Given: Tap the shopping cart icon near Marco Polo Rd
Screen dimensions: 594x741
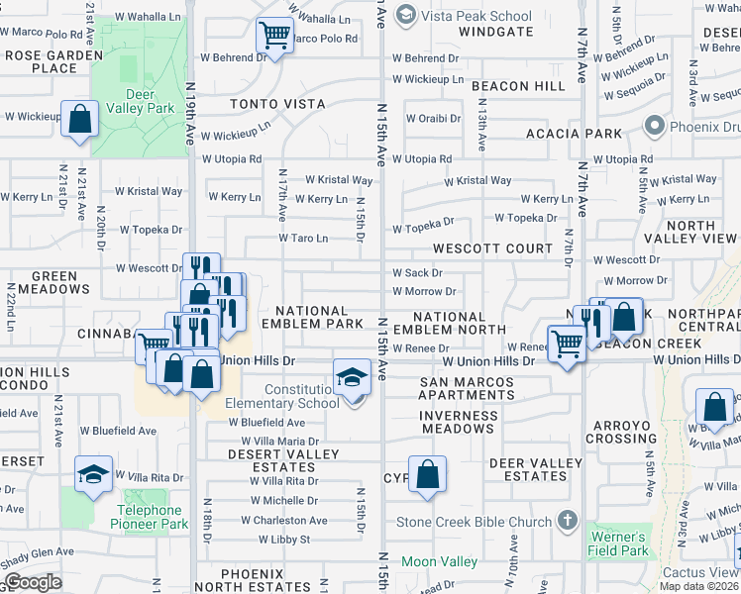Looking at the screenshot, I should pyautogui.click(x=274, y=36).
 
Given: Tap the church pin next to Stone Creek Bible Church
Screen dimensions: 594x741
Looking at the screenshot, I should pyautogui.click(x=567, y=520).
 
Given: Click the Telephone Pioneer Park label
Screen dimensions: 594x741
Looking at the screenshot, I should pyautogui.click(x=149, y=517).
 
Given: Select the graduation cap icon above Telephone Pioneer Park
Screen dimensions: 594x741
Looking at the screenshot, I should pyautogui.click(x=93, y=475).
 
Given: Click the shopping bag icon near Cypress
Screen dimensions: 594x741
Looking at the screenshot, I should pyautogui.click(x=427, y=474).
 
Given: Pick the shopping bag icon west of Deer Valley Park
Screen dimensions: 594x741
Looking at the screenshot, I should pyautogui.click(x=79, y=119).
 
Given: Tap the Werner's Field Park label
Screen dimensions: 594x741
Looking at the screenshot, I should pyautogui.click(x=621, y=544).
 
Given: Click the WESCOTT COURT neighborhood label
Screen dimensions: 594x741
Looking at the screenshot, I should pyautogui.click(x=492, y=248).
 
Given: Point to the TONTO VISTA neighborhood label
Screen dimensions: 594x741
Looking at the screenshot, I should pyautogui.click(x=278, y=104).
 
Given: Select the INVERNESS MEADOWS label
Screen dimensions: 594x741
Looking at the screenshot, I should pyautogui.click(x=457, y=422).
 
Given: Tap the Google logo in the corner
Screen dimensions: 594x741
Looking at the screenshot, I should pyautogui.click(x=33, y=582).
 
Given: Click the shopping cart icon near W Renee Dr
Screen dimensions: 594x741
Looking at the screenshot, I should pyautogui.click(x=566, y=346).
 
